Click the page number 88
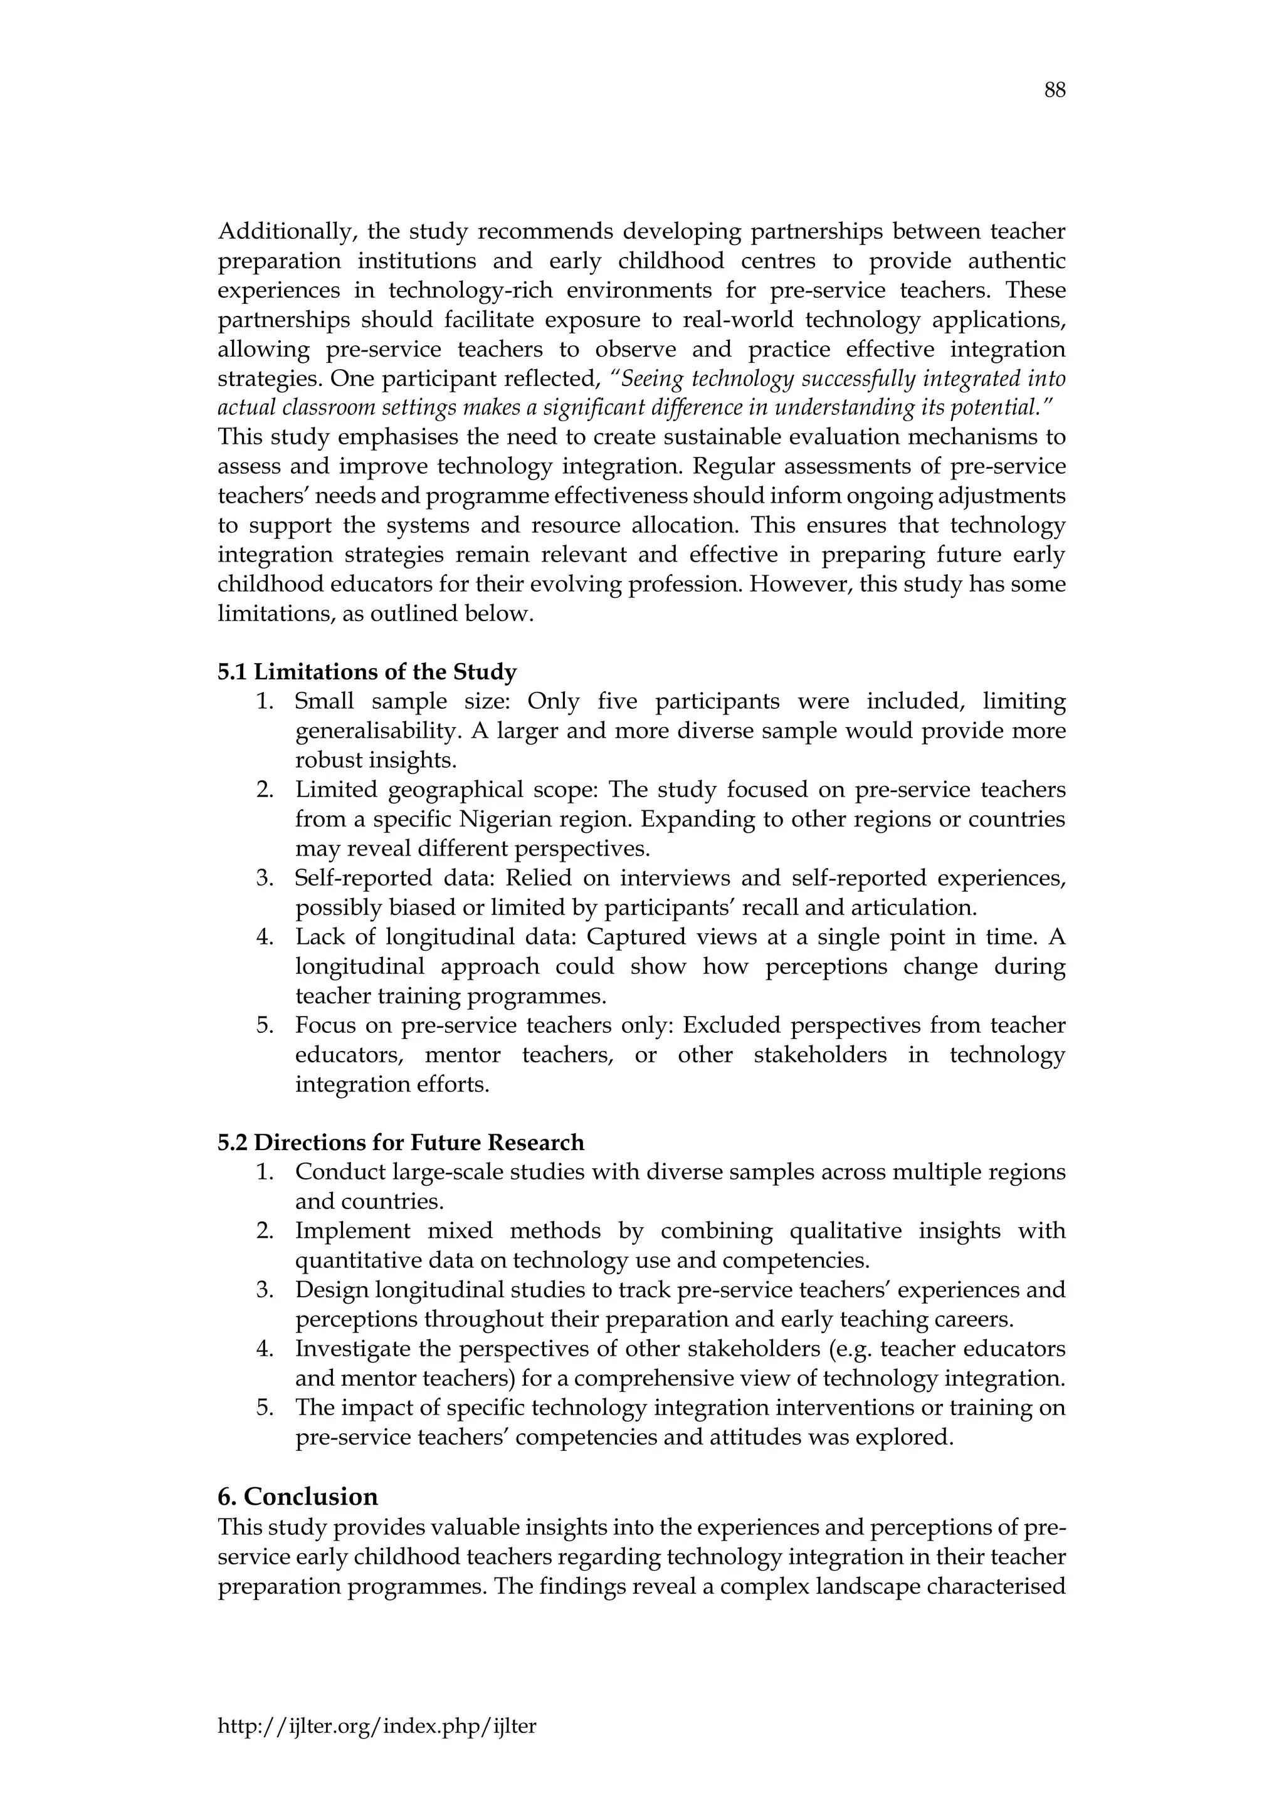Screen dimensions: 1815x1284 pyautogui.click(x=1054, y=91)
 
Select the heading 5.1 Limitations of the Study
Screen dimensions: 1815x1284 pyautogui.click(x=367, y=672)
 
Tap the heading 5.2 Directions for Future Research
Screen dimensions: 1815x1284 pyautogui.click(x=401, y=1143)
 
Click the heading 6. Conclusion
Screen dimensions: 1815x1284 pyautogui.click(x=298, y=1497)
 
